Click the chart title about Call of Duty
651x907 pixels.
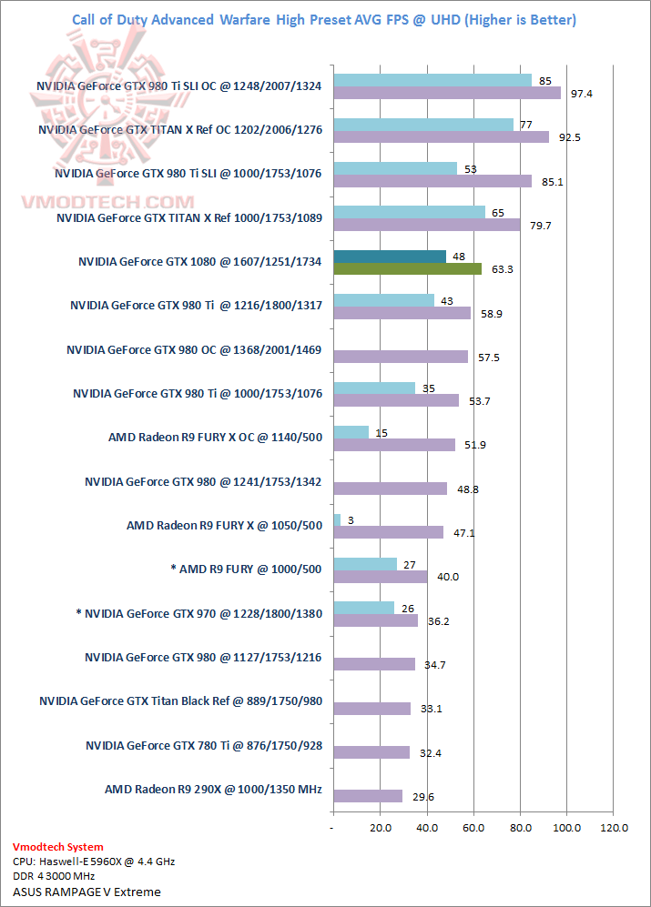324,20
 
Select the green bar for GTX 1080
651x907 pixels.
407,268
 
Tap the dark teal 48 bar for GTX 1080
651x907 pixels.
390,256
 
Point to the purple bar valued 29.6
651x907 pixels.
368,796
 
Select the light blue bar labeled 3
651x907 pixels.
337,519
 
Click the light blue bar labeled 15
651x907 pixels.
351,432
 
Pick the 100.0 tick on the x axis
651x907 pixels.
566,828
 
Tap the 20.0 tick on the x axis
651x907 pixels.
381,828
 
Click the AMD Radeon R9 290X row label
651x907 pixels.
213,789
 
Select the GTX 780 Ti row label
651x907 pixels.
204,745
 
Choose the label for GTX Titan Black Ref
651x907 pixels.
180,701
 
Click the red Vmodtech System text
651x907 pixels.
58,847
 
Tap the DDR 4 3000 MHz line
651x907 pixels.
54,876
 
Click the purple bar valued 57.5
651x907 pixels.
401,357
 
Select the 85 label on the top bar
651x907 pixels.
544,80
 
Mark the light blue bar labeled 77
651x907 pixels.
423,124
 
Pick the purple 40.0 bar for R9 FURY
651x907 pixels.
381,577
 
